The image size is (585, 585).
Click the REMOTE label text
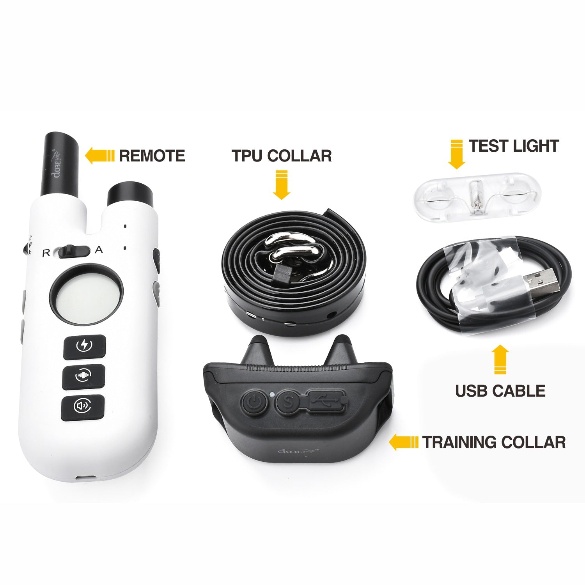[x=152, y=156]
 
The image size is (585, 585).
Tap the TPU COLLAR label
[x=282, y=156]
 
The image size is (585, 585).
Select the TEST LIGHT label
[x=514, y=146]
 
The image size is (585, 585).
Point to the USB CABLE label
[x=500, y=391]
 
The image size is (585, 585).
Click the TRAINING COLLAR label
[x=494, y=442]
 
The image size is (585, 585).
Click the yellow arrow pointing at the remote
[x=99, y=156]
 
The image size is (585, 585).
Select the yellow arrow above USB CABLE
[x=500, y=359]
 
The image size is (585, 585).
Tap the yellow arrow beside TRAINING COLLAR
[x=404, y=442]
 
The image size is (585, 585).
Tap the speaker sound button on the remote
[x=83, y=407]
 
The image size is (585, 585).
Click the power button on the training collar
[x=254, y=401]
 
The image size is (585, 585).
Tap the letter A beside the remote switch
[x=99, y=250]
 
